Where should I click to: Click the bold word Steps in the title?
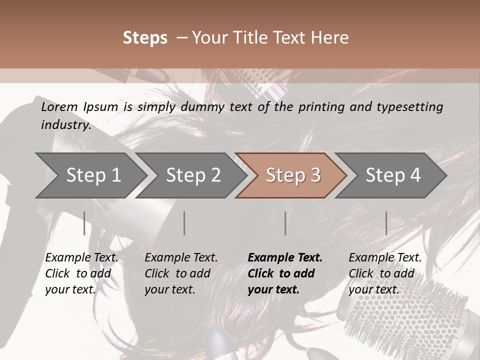tap(145, 38)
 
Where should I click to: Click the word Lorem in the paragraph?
tap(59, 107)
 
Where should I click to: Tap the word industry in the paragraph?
tap(65, 125)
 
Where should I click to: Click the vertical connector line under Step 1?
tap(84, 223)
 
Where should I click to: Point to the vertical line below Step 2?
tap(184, 223)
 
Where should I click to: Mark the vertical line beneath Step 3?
tap(285, 223)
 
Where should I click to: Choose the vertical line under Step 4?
tap(386, 223)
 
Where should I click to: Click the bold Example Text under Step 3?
tap(285, 258)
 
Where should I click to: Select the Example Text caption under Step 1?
tap(81, 258)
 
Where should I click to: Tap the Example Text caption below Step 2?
tap(181, 258)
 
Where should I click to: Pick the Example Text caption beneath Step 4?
tap(385, 258)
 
